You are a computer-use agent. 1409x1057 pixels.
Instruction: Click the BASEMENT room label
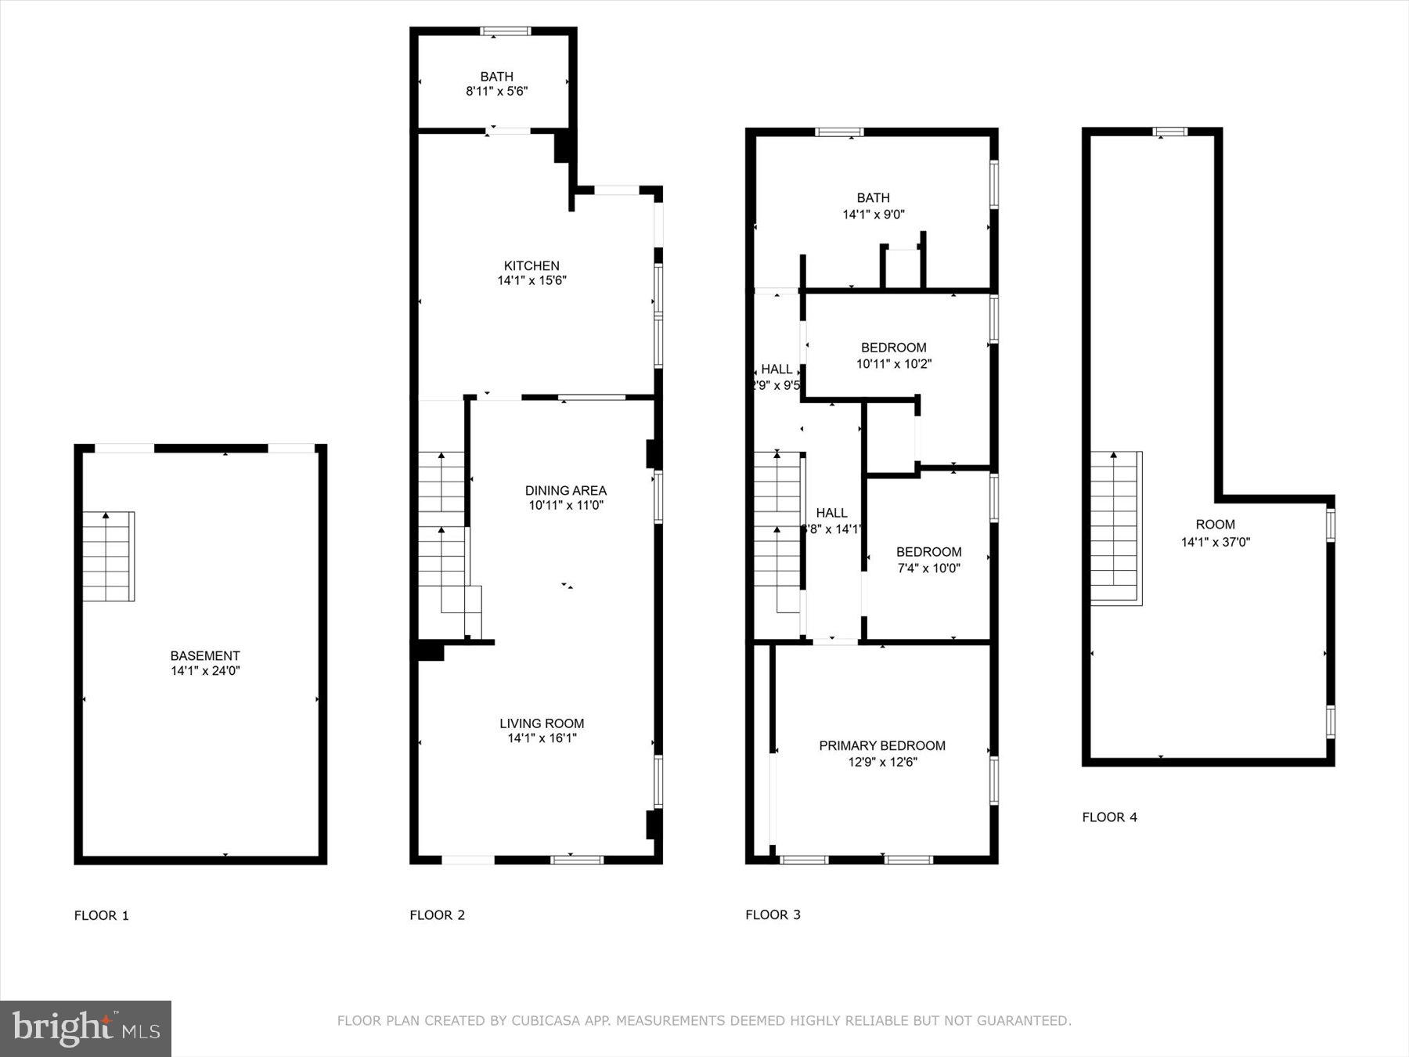205,656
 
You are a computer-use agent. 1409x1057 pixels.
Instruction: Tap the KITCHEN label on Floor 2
532,266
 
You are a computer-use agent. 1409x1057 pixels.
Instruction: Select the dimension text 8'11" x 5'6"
496,92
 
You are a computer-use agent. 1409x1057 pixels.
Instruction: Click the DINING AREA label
565,491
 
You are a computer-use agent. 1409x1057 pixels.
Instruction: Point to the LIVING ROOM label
542,723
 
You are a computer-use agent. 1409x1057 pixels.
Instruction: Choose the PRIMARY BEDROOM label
881,745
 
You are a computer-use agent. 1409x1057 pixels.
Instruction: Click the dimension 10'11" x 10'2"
893,364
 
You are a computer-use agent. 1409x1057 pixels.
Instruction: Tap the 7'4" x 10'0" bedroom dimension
928,568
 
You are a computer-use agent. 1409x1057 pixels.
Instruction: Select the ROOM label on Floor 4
1215,525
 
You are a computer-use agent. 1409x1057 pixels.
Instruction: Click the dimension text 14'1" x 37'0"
1215,542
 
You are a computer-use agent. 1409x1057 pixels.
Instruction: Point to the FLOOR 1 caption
101,915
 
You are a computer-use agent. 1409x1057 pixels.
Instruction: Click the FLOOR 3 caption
773,915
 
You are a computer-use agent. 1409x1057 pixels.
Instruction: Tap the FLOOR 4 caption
1109,817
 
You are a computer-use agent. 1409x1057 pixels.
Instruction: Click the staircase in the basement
108,557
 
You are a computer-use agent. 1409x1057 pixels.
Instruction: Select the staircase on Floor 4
1115,528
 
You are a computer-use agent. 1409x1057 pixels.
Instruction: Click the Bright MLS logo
85,1028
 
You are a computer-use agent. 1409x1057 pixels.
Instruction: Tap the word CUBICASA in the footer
544,1021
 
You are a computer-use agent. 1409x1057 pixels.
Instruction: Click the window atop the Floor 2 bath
505,32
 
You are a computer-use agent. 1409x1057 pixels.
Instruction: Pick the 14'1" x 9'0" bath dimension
873,215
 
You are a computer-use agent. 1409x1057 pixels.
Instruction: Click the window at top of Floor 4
1170,132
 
